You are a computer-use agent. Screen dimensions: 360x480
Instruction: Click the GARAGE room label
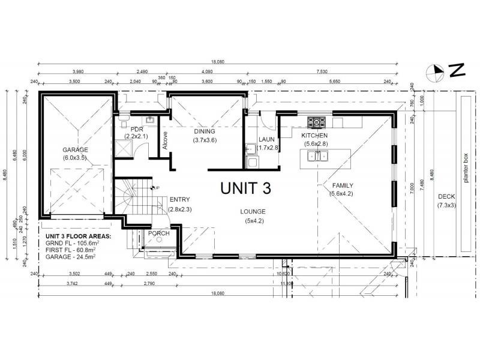pos(75,149)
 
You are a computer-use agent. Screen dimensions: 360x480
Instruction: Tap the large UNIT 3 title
pos(245,188)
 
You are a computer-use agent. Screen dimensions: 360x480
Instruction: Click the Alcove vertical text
pos(165,141)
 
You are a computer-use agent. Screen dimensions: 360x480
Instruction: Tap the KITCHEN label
pos(314,136)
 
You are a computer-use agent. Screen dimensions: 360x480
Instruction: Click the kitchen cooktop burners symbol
pos(316,122)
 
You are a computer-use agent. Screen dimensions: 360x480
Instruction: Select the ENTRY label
pos(179,200)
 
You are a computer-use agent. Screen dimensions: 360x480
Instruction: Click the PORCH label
pos(158,233)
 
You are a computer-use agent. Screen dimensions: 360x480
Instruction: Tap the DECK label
pos(446,196)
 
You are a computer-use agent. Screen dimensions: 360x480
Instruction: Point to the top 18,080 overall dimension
pos(217,61)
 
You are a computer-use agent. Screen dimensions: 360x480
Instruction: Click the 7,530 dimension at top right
pos(322,71)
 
